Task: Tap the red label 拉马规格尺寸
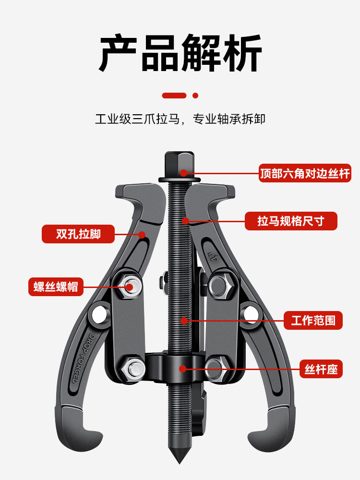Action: [x=291, y=221]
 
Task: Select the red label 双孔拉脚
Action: [x=78, y=234]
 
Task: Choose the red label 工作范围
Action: [x=313, y=320]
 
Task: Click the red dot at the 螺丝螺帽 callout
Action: [x=130, y=288]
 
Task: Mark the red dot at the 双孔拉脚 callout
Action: [x=142, y=235]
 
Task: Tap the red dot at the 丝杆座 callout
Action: [x=182, y=369]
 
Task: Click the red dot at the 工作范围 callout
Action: [x=182, y=320]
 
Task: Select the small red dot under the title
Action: [x=195, y=96]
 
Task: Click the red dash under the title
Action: [x=174, y=96]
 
